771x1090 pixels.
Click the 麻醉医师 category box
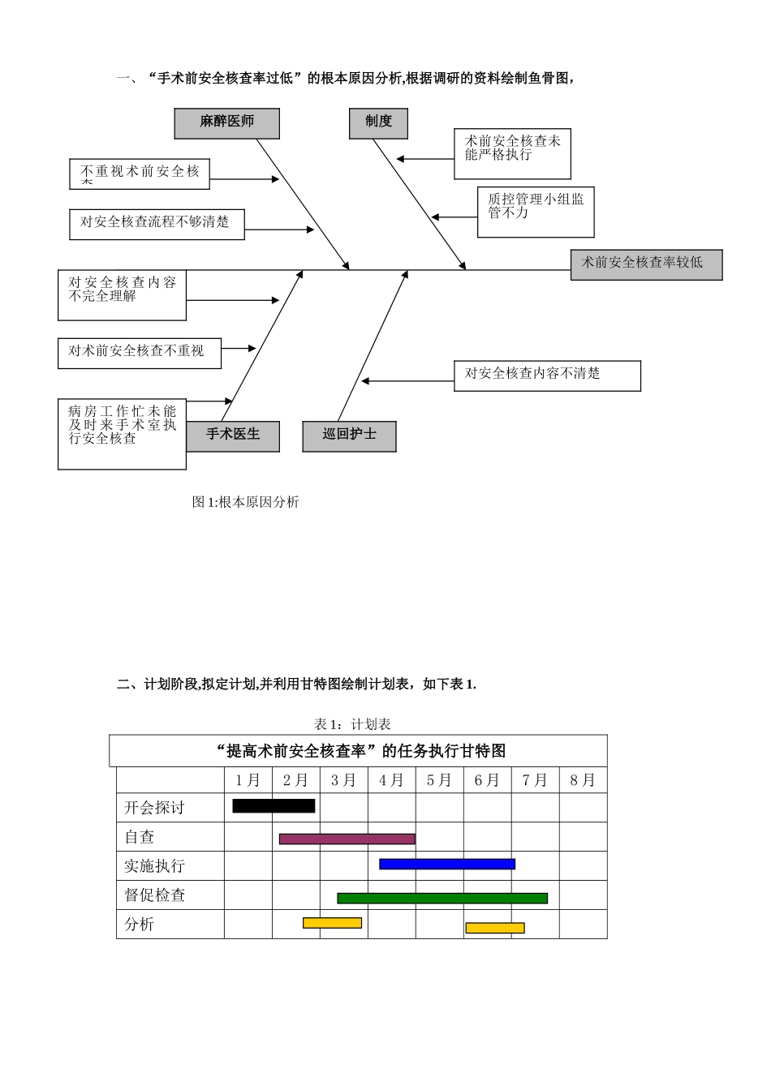tap(226, 122)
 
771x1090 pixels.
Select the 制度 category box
tap(378, 122)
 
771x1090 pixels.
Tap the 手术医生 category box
tap(233, 436)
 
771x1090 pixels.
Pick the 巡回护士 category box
tap(349, 436)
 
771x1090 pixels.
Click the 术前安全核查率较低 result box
tap(646, 264)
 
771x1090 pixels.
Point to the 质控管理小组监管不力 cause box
tap(536, 212)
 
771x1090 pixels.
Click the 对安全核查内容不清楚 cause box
tap(547, 375)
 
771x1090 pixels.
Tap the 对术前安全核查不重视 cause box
tap(140, 353)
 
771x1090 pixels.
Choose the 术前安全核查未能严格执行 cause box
tap(512, 153)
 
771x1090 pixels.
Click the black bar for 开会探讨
tap(274, 805)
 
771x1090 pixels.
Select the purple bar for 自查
tap(347, 839)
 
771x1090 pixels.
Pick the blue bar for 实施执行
tap(447, 864)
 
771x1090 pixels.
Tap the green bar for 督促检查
tap(442, 898)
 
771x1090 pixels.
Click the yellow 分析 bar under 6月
tap(495, 927)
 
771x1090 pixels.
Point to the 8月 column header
tap(583, 780)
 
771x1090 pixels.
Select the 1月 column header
tap(248, 780)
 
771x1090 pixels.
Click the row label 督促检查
tap(155, 895)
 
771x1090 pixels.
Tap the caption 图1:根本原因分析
tap(246, 502)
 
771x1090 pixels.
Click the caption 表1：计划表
tap(352, 724)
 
